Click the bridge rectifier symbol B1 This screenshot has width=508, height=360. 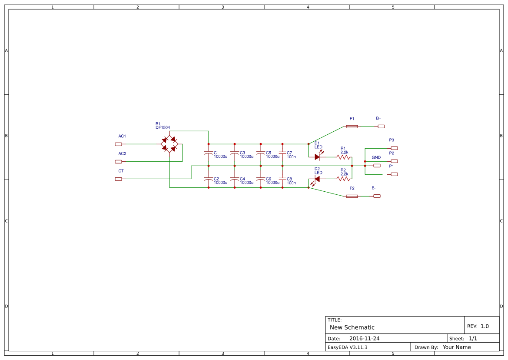(169, 144)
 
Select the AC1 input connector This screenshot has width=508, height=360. (118, 144)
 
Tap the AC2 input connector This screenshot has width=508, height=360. (118, 161)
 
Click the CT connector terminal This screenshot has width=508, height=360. (118, 179)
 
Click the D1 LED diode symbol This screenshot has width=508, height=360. (317, 157)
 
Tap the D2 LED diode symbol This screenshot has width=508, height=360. (317, 179)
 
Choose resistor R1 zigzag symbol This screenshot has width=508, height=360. (343, 157)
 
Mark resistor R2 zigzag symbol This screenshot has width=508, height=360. (343, 179)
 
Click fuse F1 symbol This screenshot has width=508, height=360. (352, 127)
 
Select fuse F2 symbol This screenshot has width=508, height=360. (352, 196)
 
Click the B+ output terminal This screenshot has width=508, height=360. (381, 127)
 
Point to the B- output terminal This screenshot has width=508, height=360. (377, 196)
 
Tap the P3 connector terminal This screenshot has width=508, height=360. (394, 148)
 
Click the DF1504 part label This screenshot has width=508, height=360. (163, 128)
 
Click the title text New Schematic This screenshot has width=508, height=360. (352, 327)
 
